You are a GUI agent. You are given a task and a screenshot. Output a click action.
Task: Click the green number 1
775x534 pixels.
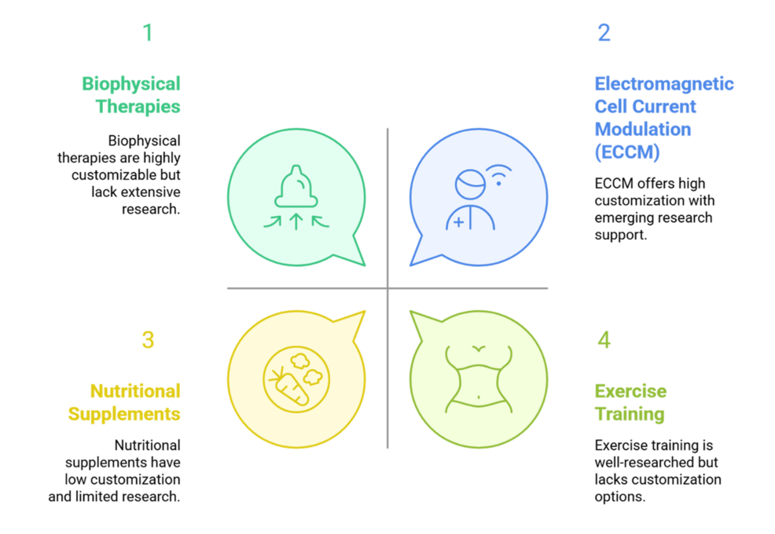coord(147,33)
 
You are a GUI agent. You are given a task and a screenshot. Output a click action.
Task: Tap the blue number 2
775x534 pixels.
coord(604,33)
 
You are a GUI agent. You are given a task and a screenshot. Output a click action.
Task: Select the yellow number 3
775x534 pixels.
coord(148,340)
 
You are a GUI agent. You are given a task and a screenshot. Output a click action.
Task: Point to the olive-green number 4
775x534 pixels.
coord(604,340)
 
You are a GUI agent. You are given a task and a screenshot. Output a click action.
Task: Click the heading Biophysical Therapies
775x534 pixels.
coord(131,94)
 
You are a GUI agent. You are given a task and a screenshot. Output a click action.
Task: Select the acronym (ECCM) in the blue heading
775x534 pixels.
coord(626,151)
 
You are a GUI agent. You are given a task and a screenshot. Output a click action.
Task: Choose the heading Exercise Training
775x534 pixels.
coord(630,402)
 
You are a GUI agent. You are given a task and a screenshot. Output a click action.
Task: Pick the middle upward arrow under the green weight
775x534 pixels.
coord(296,221)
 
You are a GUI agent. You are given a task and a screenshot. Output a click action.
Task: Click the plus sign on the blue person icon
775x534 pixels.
coord(459,222)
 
